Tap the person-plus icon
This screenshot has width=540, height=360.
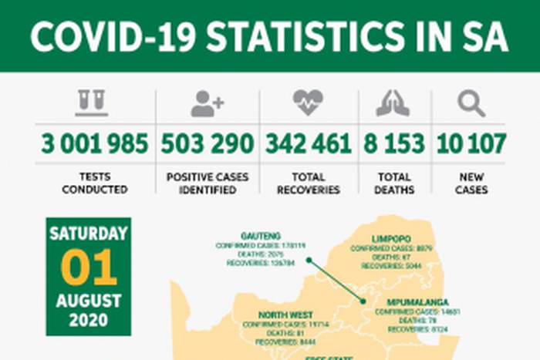tap(207, 103)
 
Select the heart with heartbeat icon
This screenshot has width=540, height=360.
tap(308, 103)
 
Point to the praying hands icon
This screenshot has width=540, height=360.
tap(393, 103)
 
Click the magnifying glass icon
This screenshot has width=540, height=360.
tap(471, 103)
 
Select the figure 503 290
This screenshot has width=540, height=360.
tap(207, 143)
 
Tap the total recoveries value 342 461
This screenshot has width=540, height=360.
tap(309, 143)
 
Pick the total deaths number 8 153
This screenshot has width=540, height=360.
tap(393, 143)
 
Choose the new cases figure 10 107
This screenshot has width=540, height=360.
tap(471, 143)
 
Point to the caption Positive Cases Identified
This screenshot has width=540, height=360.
tap(208, 183)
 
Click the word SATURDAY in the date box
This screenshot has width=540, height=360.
tap(89, 234)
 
